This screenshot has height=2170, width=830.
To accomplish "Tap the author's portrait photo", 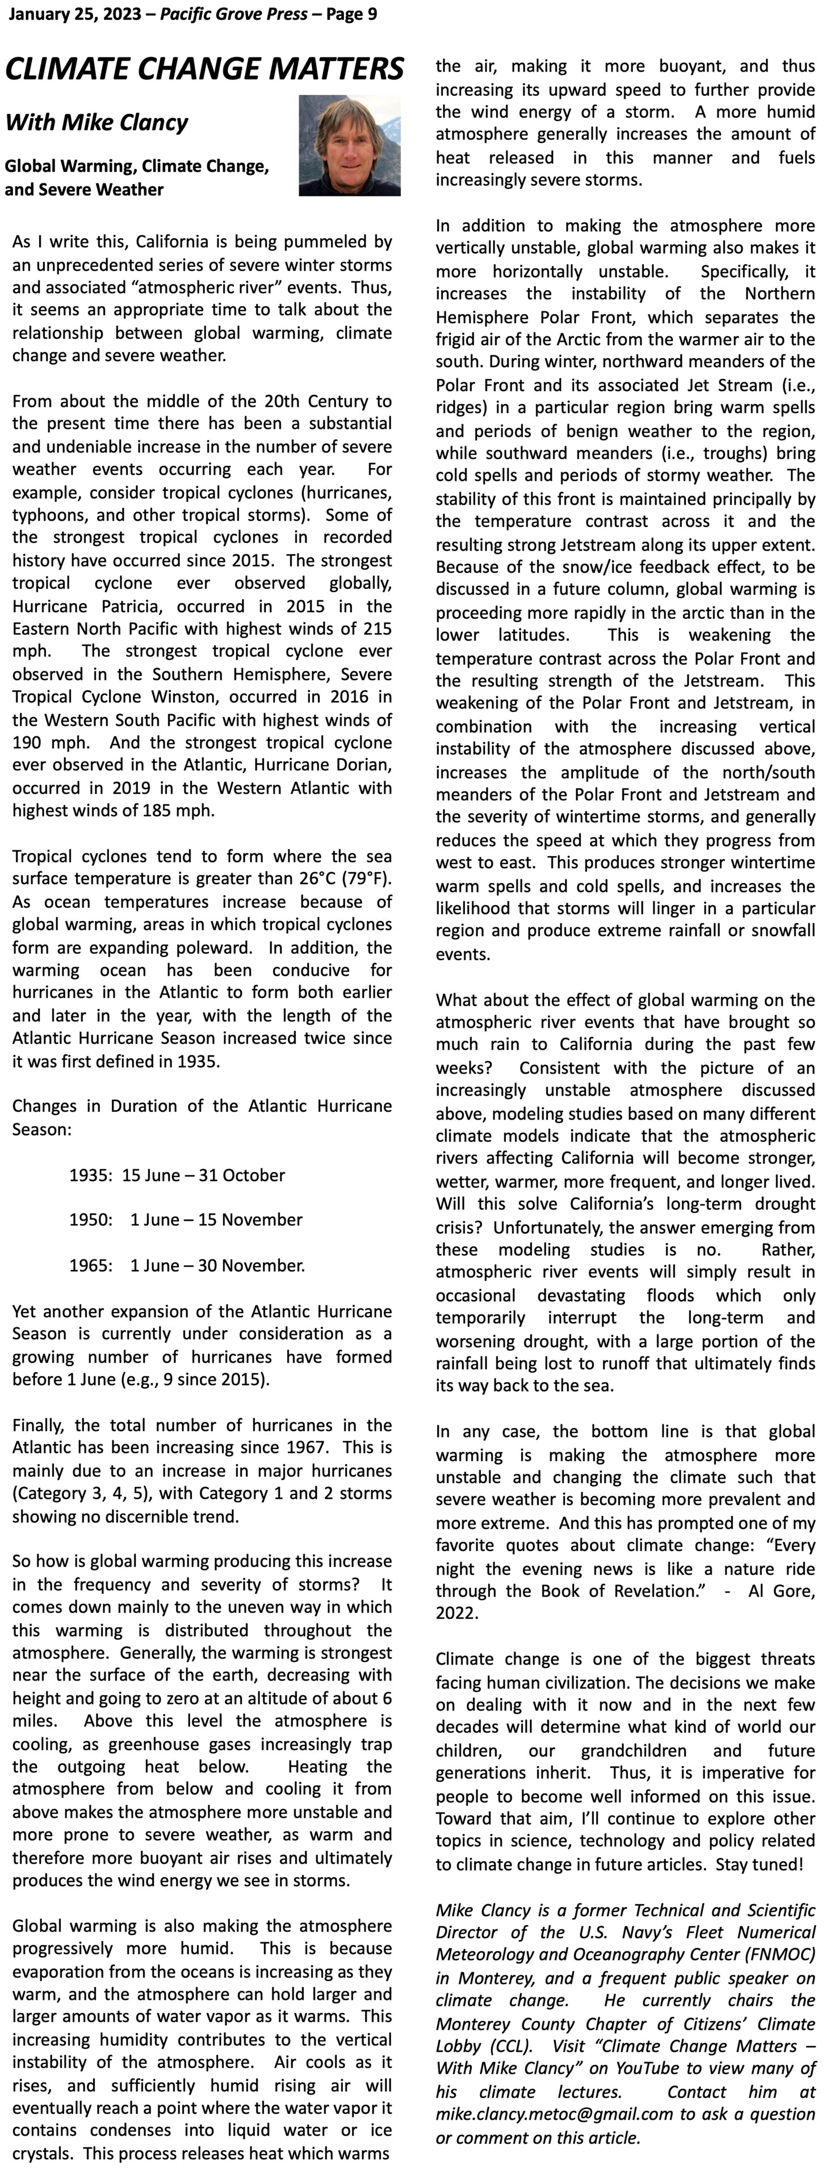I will click(350, 146).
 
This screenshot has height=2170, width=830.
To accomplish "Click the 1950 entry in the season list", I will click(90, 1220).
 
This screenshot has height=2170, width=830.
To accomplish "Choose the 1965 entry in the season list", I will click(90, 1266).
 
